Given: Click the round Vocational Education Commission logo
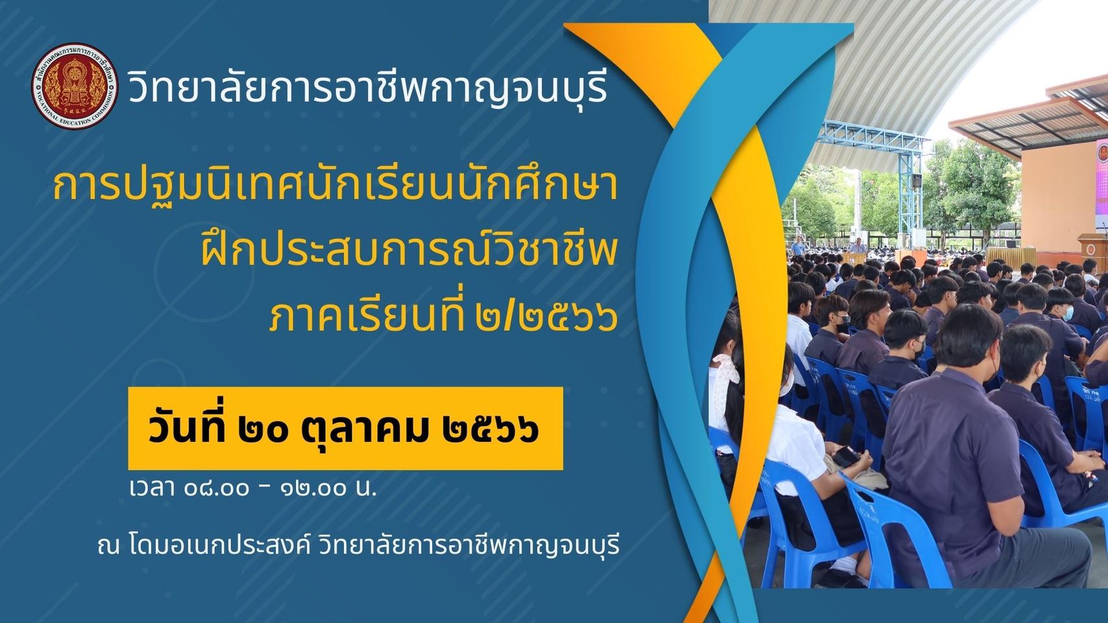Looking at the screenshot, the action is coord(75,86).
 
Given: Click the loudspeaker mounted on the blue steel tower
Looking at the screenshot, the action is coord(917,181).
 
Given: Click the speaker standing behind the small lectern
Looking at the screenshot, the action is coord(857,246).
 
